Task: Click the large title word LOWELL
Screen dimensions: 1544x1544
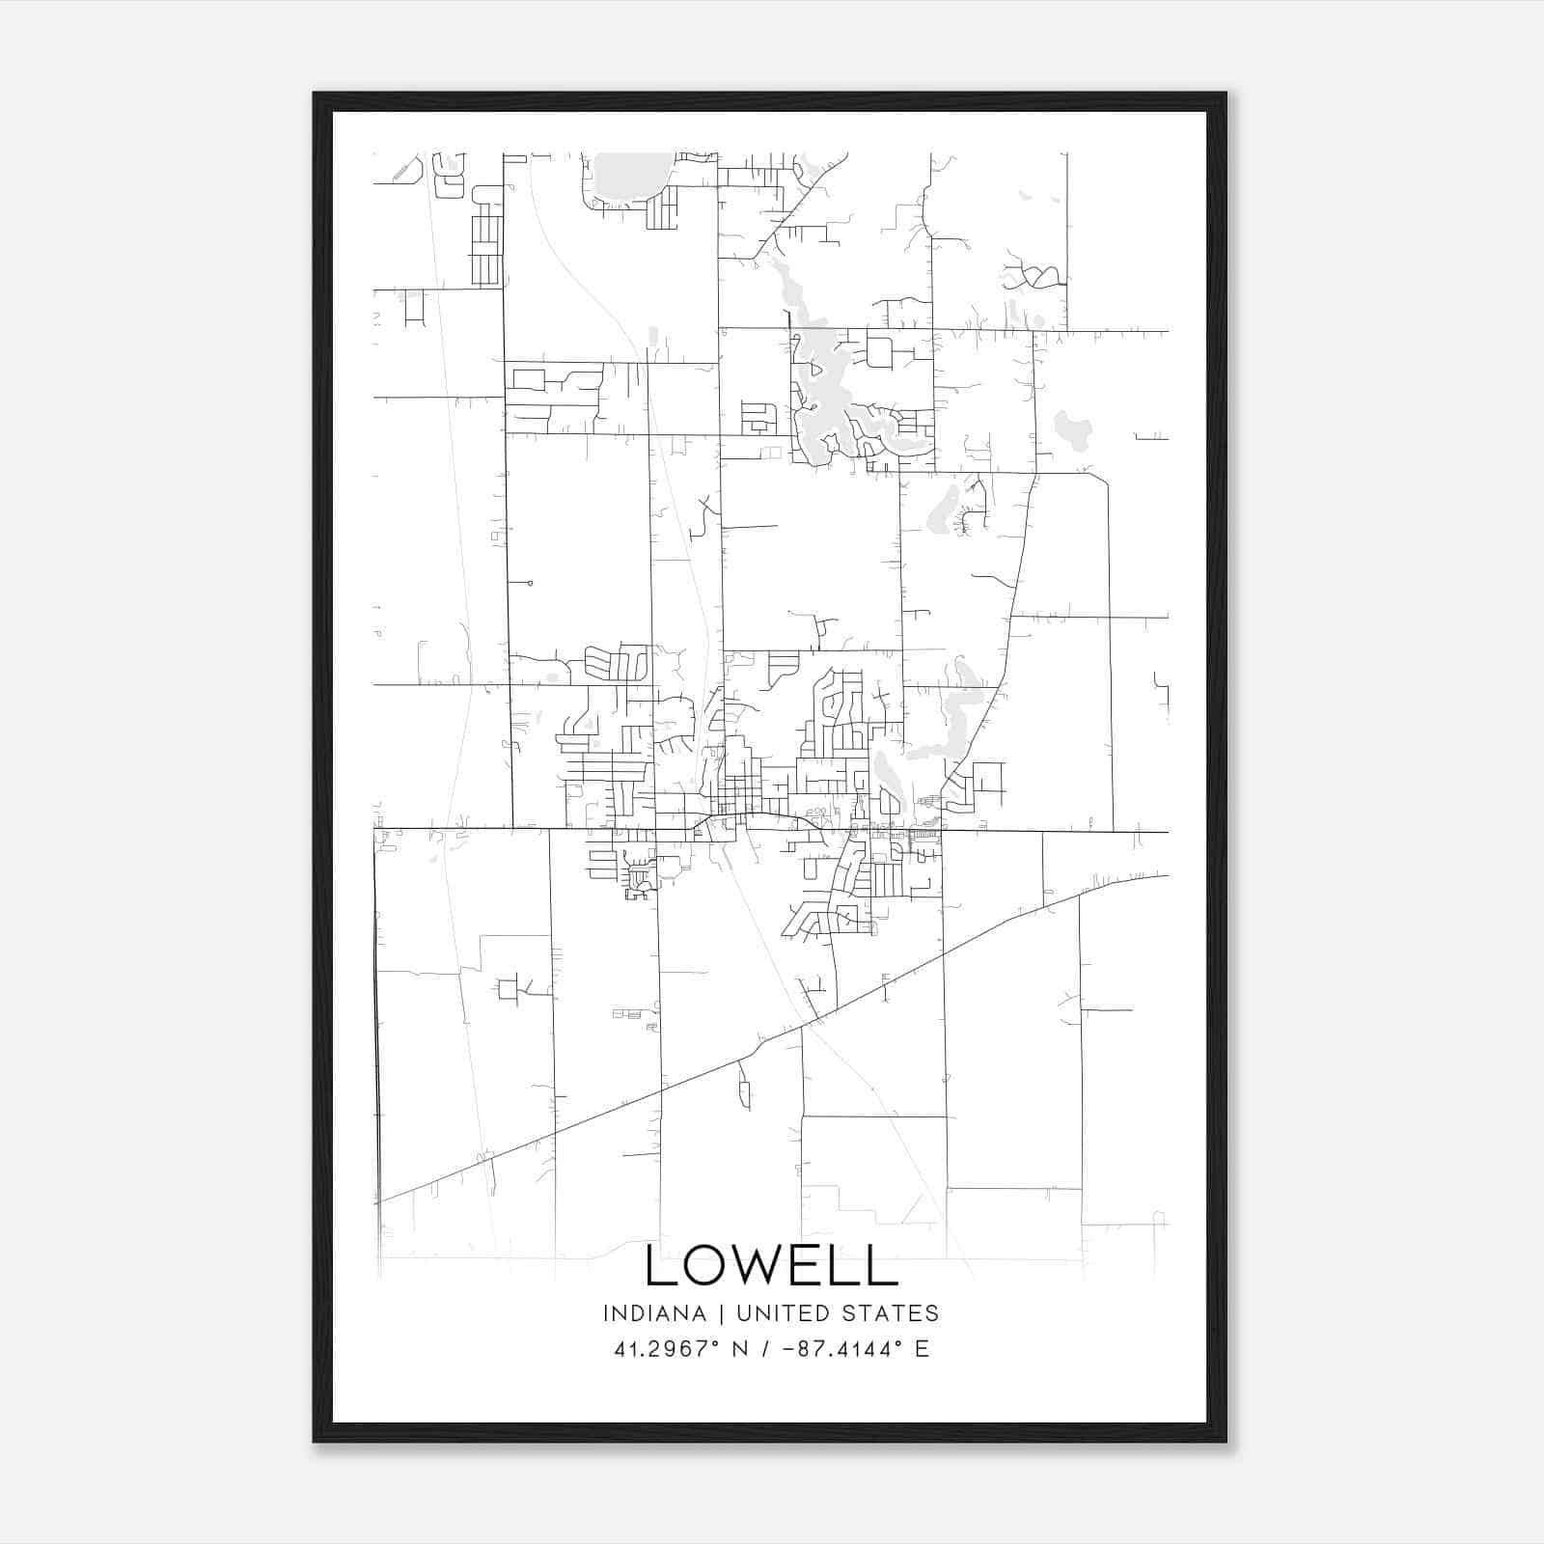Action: pos(771,1265)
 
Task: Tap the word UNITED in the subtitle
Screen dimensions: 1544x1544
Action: pos(781,1313)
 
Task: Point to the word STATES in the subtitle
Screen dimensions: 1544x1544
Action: pos(888,1313)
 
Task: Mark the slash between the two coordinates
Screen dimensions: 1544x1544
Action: pos(765,1348)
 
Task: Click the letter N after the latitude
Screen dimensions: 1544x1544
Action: pos(740,1348)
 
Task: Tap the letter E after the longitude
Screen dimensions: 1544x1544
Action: pos(922,1348)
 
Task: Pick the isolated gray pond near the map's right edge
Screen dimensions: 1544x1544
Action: pos(1072,428)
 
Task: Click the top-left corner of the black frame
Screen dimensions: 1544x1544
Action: pos(316,95)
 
